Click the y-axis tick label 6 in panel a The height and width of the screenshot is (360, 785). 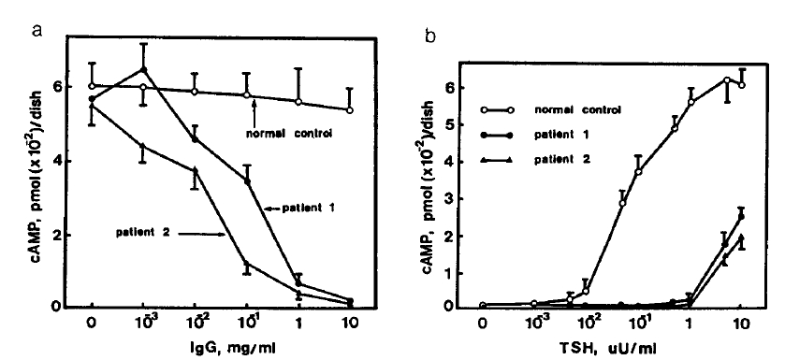coord(55,86)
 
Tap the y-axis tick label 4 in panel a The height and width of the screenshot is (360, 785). coord(55,160)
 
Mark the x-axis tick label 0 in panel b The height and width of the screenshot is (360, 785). coord(482,326)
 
